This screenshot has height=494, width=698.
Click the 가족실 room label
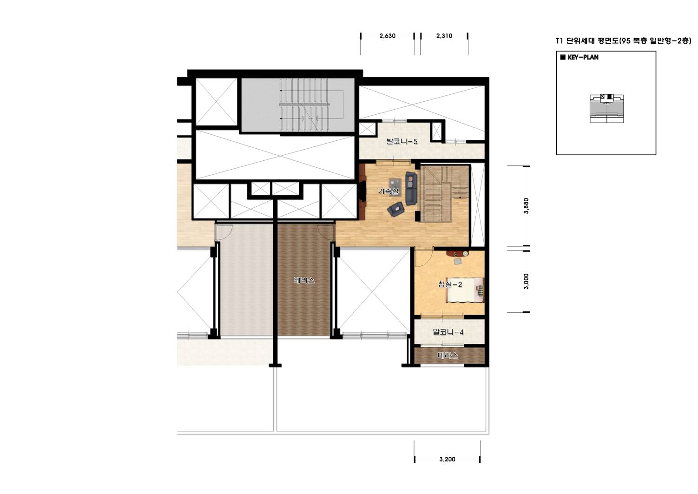388,191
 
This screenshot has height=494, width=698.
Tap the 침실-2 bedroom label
450,284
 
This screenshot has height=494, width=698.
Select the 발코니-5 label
402,141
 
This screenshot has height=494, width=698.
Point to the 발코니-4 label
448,332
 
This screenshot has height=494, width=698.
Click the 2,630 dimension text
387,36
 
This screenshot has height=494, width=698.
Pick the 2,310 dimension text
444,36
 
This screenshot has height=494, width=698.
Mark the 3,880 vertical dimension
527,206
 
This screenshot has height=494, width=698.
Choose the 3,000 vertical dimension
527,282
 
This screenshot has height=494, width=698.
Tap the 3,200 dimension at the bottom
447,459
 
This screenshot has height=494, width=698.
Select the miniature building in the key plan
607,108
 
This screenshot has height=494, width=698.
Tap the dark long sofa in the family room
411,188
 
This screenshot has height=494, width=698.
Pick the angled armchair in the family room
395,209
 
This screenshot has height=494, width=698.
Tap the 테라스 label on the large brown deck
304,281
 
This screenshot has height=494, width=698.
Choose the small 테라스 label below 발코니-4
448,356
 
